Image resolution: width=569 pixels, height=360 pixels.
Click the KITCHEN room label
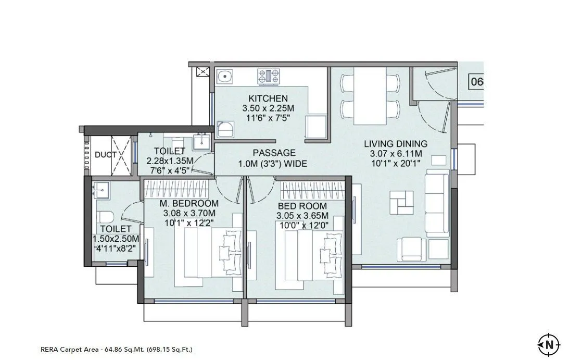[268, 98]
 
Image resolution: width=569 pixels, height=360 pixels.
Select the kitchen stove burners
[269, 77]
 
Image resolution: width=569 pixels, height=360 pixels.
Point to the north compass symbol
[549, 344]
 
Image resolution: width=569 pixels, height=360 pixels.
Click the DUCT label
[106, 155]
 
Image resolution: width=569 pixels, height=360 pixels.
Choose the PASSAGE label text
[274, 153]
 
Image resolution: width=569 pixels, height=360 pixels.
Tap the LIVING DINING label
[396, 144]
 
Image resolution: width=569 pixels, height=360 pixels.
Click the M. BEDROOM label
[188, 203]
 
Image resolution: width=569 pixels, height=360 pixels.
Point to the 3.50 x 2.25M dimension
[268, 108]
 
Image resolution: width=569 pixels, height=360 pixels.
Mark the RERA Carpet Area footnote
[116, 349]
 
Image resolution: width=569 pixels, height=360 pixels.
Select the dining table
[370, 97]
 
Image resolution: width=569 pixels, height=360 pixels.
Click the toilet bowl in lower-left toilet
[106, 217]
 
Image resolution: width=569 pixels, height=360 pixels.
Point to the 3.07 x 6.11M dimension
[396, 154]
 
